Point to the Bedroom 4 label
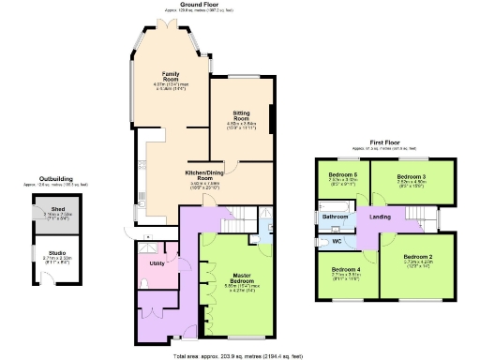pos(345,271)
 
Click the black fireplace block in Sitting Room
pos(272,117)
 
